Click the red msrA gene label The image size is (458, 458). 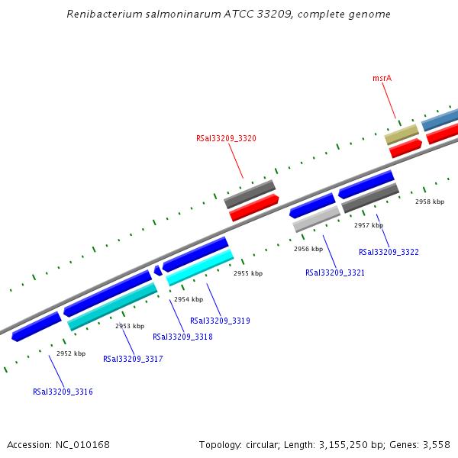[x=382, y=78]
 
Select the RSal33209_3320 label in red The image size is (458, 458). [x=226, y=138]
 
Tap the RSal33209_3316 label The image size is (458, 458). [x=63, y=392]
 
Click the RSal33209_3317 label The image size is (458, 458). [x=133, y=358]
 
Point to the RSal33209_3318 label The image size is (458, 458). [x=182, y=337]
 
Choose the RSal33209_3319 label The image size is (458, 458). [x=220, y=321]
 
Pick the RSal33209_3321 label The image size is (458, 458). [x=335, y=273]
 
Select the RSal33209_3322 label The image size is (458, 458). [x=389, y=252]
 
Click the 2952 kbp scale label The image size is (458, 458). [x=71, y=353]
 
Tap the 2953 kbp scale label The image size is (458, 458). [x=130, y=326]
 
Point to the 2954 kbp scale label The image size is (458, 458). [x=189, y=299]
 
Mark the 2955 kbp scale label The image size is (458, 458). [x=248, y=273]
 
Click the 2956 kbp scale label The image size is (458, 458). [x=308, y=249]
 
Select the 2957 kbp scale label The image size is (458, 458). [x=369, y=225]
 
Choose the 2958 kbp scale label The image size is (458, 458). [x=430, y=202]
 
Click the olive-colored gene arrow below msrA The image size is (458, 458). [x=402, y=135]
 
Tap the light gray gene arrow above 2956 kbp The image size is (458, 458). [x=317, y=219]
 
